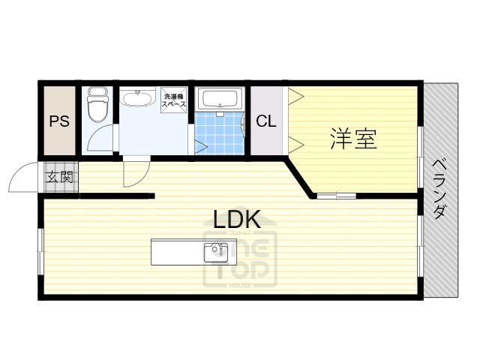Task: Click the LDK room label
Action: point(237,219)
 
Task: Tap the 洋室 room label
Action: point(352,139)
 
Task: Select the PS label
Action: point(59,121)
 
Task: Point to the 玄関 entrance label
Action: point(60,178)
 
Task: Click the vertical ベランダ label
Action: point(440,187)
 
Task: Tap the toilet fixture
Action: point(97,105)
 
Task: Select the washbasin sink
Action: point(139,100)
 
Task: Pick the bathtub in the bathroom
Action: point(220,100)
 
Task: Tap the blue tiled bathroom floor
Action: point(220,134)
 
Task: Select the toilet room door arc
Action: point(100,139)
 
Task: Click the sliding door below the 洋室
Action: point(334,196)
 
